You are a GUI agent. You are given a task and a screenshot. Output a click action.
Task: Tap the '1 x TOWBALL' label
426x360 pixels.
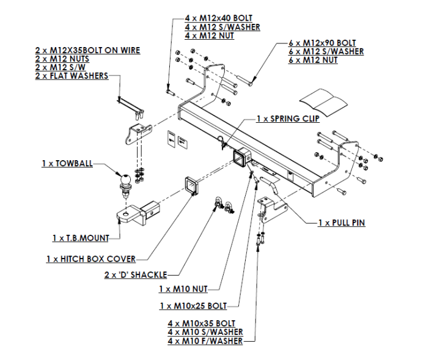click(x=67, y=164)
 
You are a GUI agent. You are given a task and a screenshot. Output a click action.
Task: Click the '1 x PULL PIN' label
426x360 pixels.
click(x=342, y=223)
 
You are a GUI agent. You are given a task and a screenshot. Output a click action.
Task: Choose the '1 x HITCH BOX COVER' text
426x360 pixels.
click(x=91, y=259)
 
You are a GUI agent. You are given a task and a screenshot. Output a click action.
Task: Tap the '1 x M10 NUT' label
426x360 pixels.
click(x=183, y=288)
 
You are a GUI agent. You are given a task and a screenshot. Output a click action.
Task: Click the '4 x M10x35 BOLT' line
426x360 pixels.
click(x=201, y=323)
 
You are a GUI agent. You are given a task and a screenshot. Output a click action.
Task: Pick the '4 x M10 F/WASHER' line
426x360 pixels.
click(x=205, y=340)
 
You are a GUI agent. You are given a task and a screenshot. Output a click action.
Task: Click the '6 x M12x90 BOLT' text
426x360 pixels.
click(x=322, y=43)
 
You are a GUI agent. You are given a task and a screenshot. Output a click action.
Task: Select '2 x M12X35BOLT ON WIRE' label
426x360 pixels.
click(x=87, y=50)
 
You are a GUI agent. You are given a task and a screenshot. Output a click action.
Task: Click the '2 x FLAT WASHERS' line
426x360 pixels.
click(x=72, y=76)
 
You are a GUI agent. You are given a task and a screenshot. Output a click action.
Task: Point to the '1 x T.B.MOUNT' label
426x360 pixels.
click(x=81, y=237)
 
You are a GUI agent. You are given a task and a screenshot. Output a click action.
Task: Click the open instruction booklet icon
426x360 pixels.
click(x=323, y=101)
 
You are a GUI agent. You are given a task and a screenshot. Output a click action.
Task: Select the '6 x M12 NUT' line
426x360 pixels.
click(x=313, y=60)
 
